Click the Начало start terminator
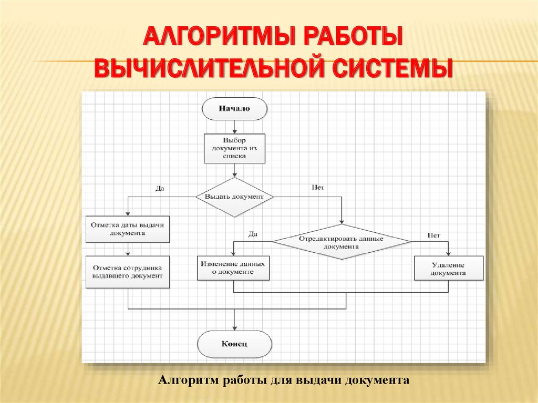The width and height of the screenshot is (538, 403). click(x=234, y=109)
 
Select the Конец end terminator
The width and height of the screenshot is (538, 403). click(x=234, y=345)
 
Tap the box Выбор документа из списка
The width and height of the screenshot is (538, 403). click(x=234, y=148)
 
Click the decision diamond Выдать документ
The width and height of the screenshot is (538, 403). click(x=234, y=197)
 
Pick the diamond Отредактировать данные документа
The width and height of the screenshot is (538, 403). click(x=342, y=242)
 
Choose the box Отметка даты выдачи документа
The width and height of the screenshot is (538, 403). click(x=128, y=229)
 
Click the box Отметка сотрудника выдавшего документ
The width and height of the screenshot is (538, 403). click(x=128, y=271)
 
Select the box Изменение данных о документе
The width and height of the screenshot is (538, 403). click(x=233, y=268)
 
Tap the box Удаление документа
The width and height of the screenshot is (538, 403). click(x=448, y=269)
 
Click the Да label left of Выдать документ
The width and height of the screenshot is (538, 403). click(x=160, y=188)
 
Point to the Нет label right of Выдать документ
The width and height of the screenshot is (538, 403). click(x=318, y=187)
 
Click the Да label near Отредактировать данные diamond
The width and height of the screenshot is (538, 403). click(x=253, y=234)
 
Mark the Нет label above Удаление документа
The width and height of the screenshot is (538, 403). click(x=433, y=235)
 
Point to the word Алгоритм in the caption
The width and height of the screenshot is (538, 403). click(x=188, y=379)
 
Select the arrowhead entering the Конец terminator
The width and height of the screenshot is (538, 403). click(x=234, y=328)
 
